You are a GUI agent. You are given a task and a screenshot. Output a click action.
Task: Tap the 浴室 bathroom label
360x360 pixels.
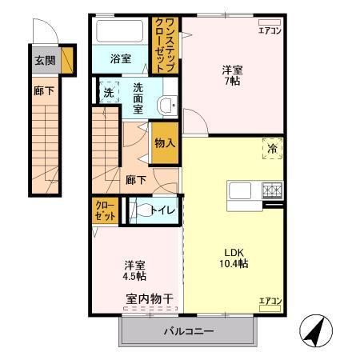pyautogui.click(x=120, y=58)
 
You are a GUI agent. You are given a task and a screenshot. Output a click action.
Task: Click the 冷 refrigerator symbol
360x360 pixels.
pyautogui.click(x=271, y=150)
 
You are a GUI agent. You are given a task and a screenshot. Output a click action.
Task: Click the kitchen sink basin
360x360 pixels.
pyautogui.click(x=241, y=192)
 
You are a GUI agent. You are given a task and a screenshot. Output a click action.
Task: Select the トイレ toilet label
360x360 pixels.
pyautogui.click(x=165, y=210)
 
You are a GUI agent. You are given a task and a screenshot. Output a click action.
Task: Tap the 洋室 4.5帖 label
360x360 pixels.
pyautogui.click(x=134, y=270)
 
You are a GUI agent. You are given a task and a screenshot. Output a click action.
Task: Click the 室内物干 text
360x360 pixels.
pyautogui.click(x=150, y=298)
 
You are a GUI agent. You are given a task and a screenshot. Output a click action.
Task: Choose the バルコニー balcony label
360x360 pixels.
pyautogui.click(x=190, y=330)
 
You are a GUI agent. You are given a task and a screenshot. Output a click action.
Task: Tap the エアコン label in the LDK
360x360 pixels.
pyautogui.click(x=269, y=301)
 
